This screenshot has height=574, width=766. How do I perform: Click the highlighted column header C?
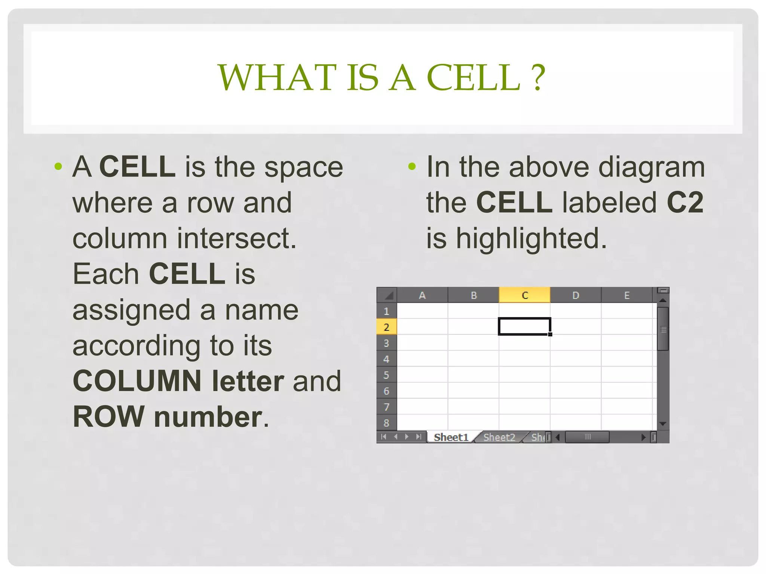(x=524, y=295)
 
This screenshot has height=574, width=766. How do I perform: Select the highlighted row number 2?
(x=386, y=327)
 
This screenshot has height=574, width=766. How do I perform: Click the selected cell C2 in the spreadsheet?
(x=524, y=326)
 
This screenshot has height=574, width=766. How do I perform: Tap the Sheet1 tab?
(x=451, y=437)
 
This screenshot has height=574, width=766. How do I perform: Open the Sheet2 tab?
(x=499, y=437)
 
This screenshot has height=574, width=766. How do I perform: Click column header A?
(x=422, y=295)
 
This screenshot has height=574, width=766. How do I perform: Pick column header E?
(x=627, y=295)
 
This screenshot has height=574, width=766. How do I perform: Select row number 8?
(x=386, y=423)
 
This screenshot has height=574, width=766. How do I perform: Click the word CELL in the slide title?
(x=473, y=77)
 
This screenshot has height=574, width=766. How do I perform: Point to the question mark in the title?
(x=539, y=77)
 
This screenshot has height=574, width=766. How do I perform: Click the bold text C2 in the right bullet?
(x=685, y=203)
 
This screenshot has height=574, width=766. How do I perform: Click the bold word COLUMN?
(x=137, y=381)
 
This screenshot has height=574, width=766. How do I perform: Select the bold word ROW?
(x=108, y=417)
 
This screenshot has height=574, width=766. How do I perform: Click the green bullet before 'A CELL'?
(x=58, y=166)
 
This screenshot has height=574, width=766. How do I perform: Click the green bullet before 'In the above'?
(x=412, y=166)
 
